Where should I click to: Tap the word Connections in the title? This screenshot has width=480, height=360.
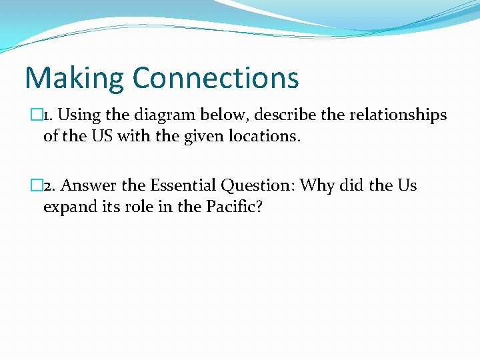pyautogui.click(x=215, y=77)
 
